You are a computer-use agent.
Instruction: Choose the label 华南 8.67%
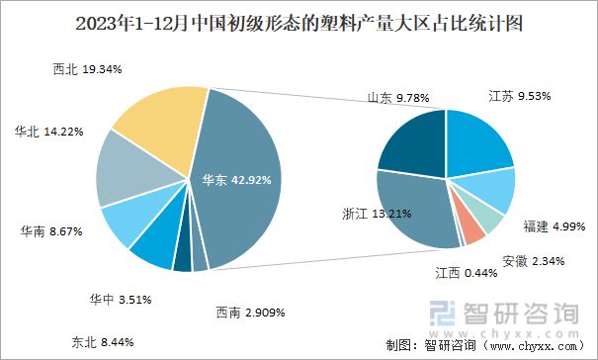click(50, 231)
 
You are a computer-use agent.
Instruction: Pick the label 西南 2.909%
click(250, 313)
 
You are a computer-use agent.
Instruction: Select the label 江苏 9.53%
click(519, 97)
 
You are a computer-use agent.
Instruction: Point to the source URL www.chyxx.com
click(530, 346)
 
